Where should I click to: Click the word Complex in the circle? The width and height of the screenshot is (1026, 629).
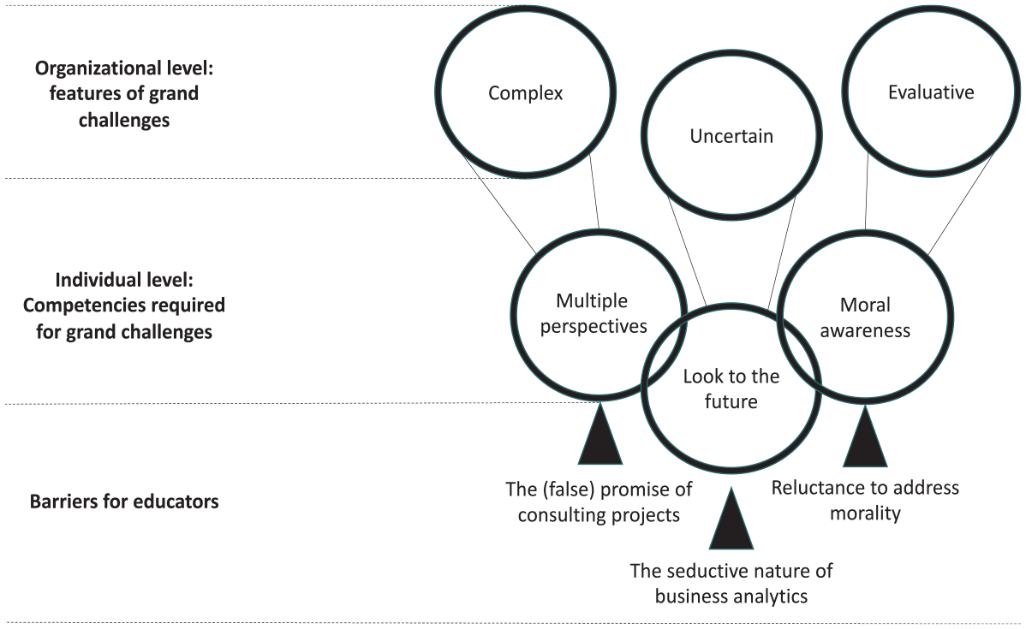[526, 93]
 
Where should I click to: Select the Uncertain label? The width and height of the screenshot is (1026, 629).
[731, 136]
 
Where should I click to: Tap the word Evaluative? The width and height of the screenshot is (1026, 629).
[930, 92]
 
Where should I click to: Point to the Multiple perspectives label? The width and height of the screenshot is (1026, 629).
[593, 313]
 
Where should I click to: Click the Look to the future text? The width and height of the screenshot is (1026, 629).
[731, 389]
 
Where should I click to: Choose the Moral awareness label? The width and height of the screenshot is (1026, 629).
[865, 317]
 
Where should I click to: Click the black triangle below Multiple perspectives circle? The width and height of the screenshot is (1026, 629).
[600, 434]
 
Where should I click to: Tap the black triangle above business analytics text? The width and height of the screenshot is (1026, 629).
[731, 519]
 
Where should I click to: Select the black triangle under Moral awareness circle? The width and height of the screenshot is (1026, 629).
[865, 436]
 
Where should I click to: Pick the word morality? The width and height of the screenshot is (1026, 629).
[865, 513]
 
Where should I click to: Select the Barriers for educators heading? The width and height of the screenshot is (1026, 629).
[124, 501]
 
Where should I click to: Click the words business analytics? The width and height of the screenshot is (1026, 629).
[731, 596]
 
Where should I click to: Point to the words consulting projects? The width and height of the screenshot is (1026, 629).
[599, 515]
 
